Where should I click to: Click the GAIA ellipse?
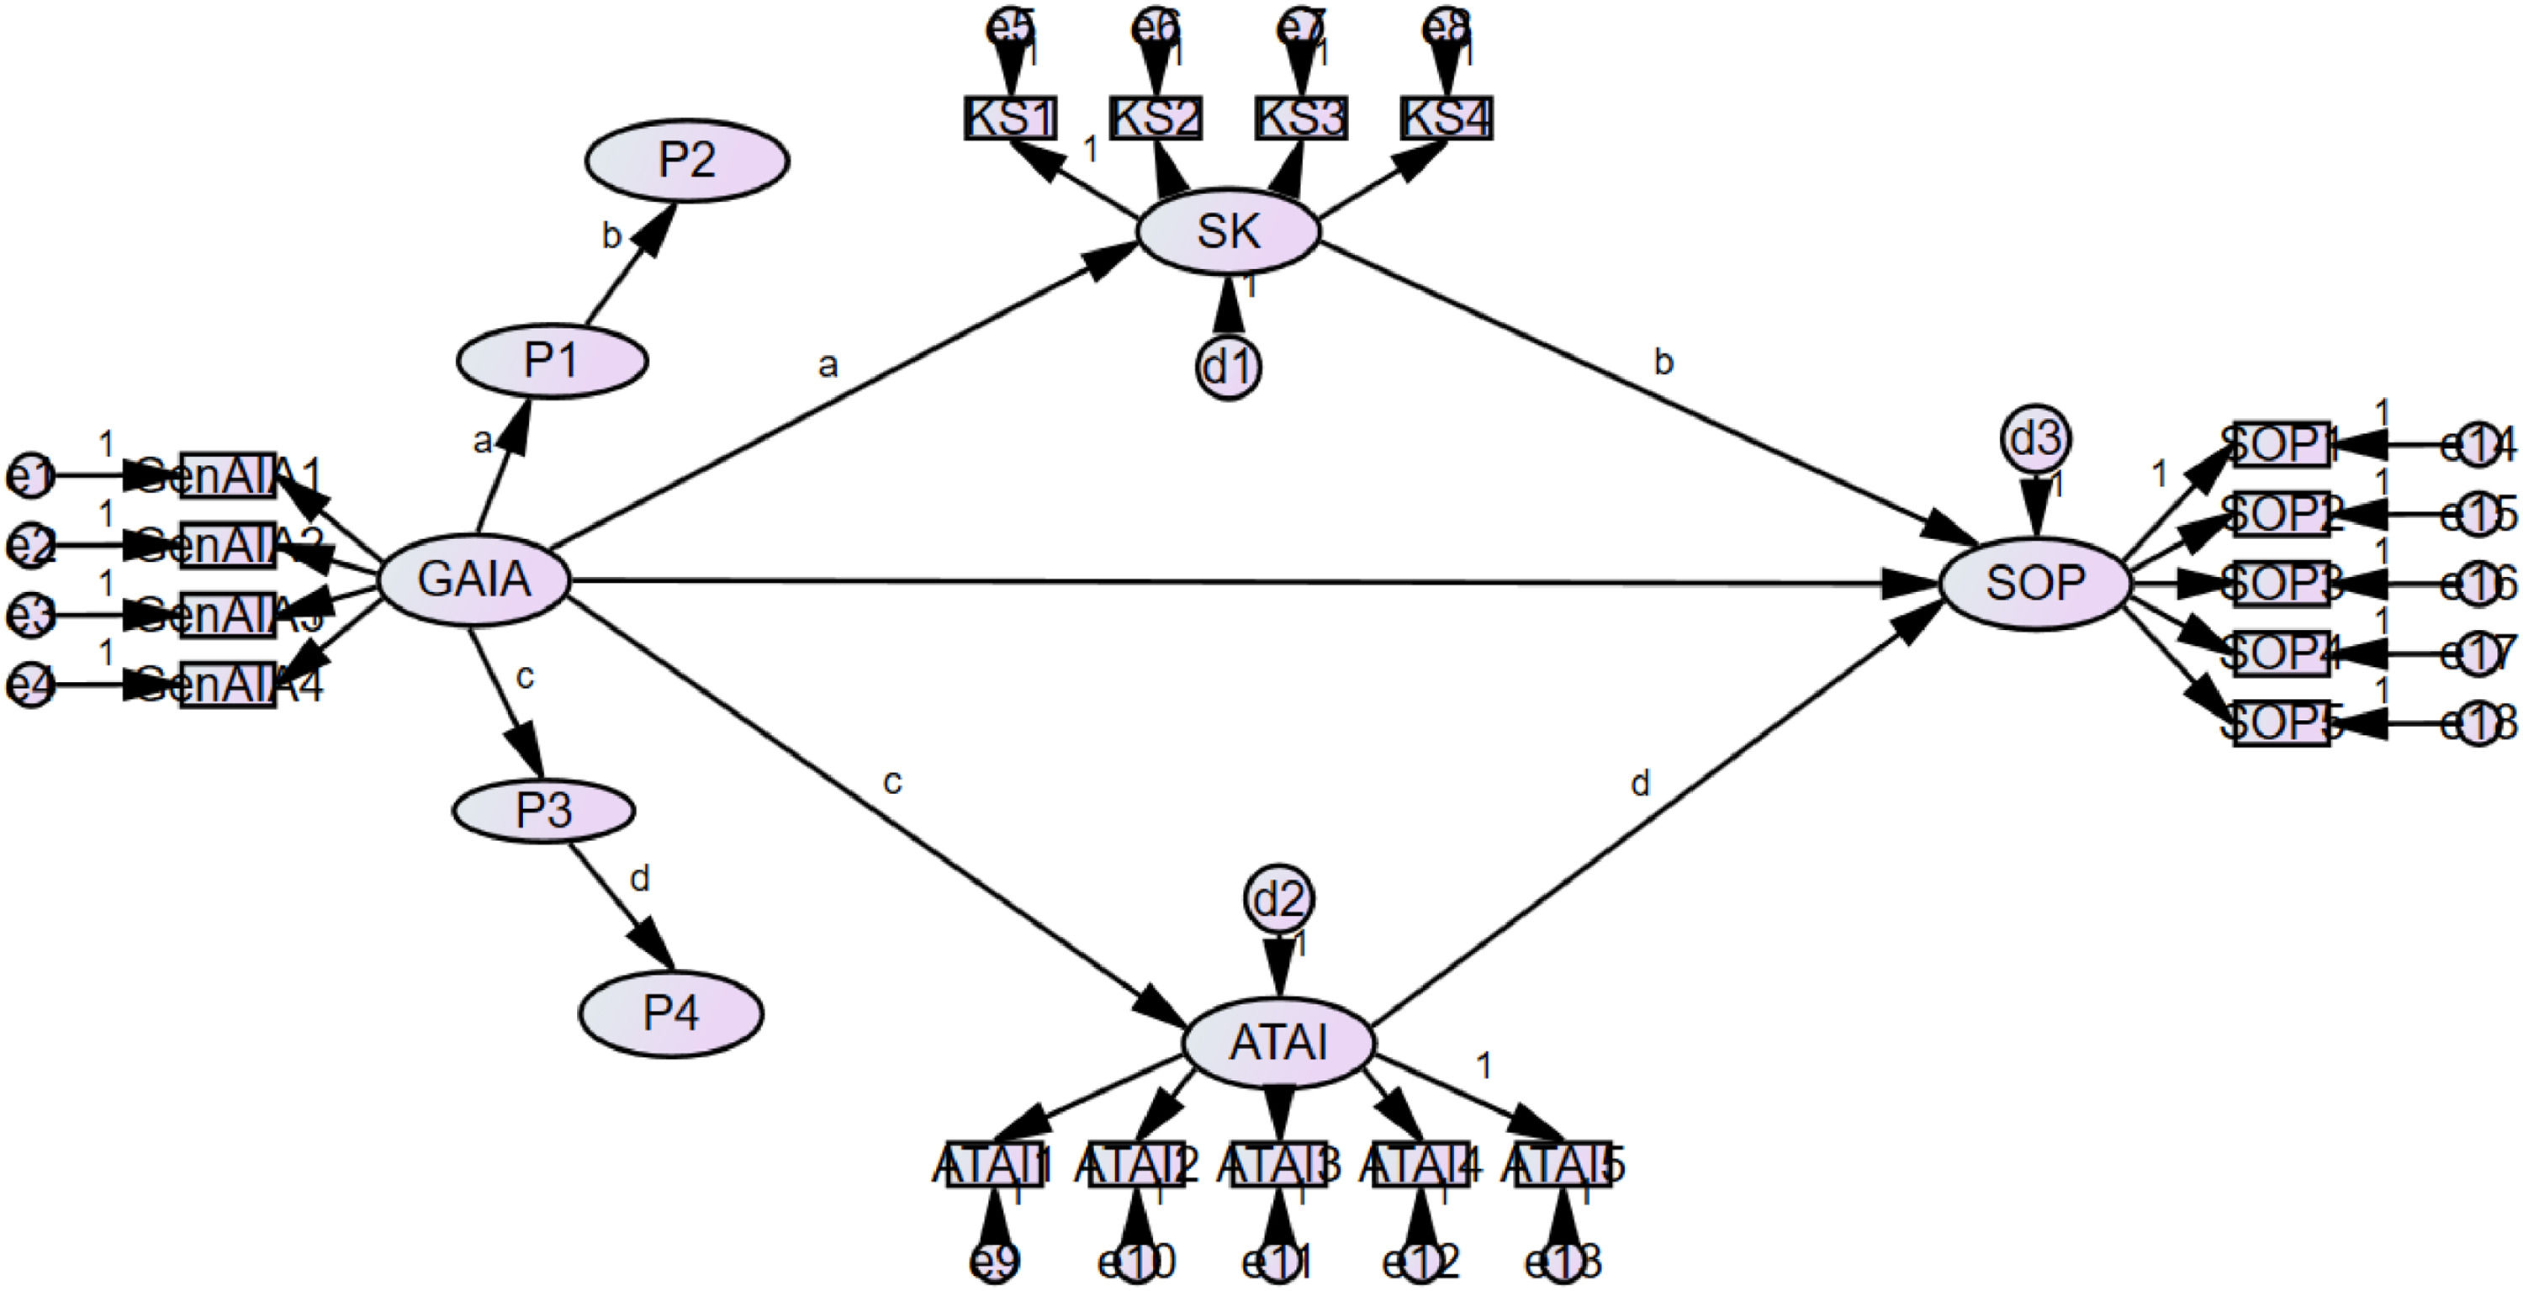[x=474, y=579]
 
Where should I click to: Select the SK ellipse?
[x=1228, y=232]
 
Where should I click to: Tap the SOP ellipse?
[x=2034, y=584]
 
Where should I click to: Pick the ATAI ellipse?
[x=1278, y=1043]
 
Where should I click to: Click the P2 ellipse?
[x=686, y=161]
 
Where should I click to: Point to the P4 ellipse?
[x=670, y=1013]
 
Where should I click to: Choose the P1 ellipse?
[x=552, y=361]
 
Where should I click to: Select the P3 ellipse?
[x=543, y=810]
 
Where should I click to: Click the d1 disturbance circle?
[x=1228, y=368]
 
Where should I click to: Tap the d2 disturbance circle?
[x=1279, y=898]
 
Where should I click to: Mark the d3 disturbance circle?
[x=2035, y=440]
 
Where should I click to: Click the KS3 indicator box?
[x=1301, y=119]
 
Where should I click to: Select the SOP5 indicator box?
[x=2281, y=724]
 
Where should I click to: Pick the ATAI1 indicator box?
[x=994, y=1165]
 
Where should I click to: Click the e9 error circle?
[x=995, y=1262]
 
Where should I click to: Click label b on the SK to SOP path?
[x=1663, y=362]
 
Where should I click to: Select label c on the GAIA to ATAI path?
[x=891, y=781]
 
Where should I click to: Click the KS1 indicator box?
[x=1010, y=119]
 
